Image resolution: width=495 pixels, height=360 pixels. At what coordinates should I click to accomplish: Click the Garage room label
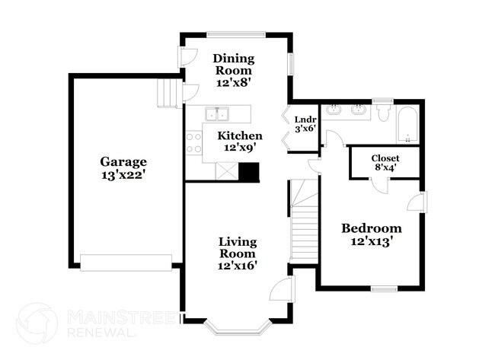(x=123, y=161)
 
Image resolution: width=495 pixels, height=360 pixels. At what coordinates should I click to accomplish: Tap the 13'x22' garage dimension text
(x=123, y=174)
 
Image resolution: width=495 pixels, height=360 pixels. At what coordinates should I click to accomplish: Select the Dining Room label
(x=233, y=65)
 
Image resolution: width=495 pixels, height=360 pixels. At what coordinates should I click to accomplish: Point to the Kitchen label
(x=240, y=135)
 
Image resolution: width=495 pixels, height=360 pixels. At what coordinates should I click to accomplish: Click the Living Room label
(x=238, y=247)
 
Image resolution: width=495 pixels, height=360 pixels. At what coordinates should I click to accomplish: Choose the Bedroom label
(x=371, y=228)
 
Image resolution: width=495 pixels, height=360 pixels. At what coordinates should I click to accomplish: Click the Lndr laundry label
(x=304, y=119)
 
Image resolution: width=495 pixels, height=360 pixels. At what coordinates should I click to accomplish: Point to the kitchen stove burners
(x=193, y=143)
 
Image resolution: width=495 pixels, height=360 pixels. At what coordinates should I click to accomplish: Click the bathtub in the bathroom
(x=408, y=126)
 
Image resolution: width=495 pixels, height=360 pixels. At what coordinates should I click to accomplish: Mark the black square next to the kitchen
(x=248, y=172)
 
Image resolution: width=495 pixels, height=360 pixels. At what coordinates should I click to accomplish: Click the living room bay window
(x=237, y=330)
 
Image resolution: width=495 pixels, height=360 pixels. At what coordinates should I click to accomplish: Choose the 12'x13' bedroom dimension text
(x=371, y=242)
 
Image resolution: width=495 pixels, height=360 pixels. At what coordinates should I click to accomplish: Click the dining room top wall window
(x=237, y=33)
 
